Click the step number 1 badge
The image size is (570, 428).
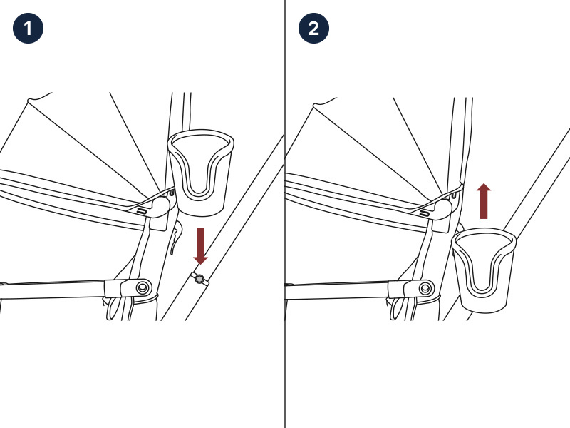(28, 28)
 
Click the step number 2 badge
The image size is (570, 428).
(313, 28)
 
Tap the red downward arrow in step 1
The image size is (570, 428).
(200, 246)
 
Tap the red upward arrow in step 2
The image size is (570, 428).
(484, 201)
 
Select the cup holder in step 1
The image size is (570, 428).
(200, 173)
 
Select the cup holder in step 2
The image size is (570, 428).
(484, 270)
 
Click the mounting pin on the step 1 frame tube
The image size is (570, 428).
(199, 279)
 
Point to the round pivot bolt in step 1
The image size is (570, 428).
(143, 288)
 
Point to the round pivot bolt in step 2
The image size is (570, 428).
(425, 289)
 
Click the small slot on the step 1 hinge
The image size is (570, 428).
(142, 211)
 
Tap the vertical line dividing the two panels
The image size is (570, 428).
(285, 214)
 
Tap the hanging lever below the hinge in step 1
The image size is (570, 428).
(176, 237)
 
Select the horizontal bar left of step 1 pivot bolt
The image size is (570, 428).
(53, 290)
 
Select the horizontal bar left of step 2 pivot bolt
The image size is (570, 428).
(337, 290)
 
